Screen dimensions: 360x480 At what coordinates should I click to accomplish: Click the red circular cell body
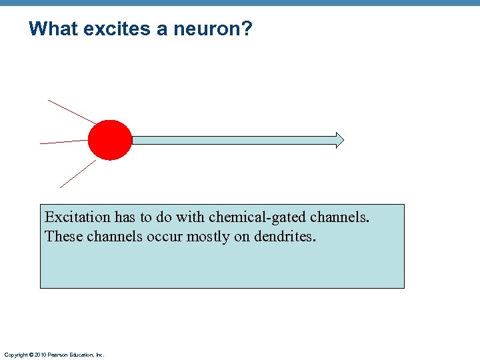pyautogui.click(x=110, y=140)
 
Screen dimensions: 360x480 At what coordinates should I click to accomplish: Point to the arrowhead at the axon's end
pyautogui.click(x=339, y=140)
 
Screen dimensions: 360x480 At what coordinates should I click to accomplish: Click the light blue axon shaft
pyautogui.click(x=233, y=140)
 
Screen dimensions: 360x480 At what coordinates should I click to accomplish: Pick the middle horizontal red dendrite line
pyautogui.click(x=63, y=142)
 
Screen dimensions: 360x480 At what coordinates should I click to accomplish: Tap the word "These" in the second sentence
pyautogui.click(x=61, y=237)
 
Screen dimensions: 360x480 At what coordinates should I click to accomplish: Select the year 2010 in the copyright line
pyautogui.click(x=39, y=355)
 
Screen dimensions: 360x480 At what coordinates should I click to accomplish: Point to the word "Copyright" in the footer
pyautogui.click(x=15, y=355)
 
